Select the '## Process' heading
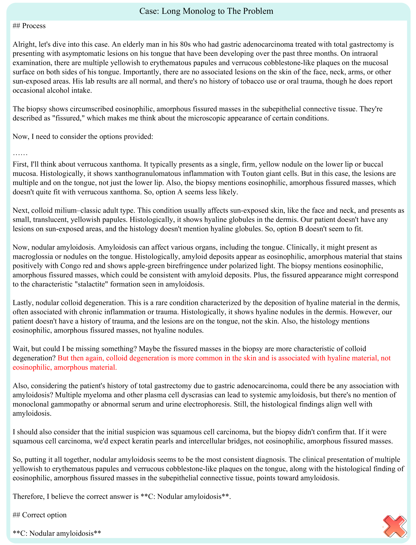pos(29,26)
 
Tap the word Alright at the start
pos(24,44)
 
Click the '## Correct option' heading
pos(40,515)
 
